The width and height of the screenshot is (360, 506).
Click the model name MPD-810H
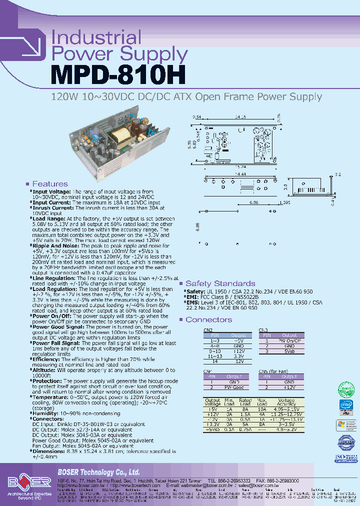click(118, 74)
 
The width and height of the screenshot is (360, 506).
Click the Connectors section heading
click(208, 319)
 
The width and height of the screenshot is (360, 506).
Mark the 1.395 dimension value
click(284, 202)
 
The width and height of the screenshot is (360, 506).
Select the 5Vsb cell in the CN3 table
click(289, 351)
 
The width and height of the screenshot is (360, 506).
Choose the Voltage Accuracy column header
click(286, 402)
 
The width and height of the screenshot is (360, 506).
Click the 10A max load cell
click(261, 409)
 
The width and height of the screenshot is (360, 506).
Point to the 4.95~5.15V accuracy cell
click(286, 409)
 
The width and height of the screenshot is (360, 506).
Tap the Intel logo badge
click(345, 406)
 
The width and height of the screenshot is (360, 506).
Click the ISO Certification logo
click(345, 458)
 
